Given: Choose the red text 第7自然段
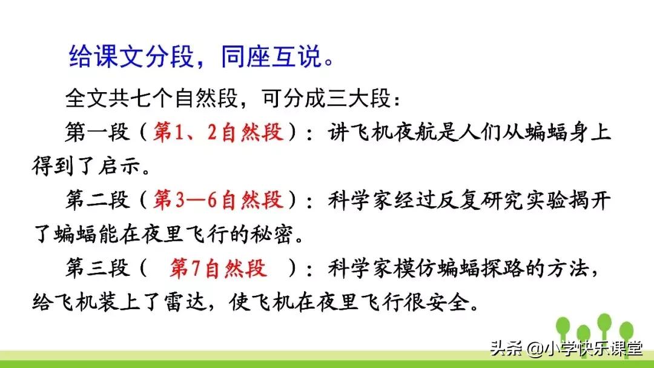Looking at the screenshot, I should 218,269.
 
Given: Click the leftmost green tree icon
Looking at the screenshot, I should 563,328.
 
